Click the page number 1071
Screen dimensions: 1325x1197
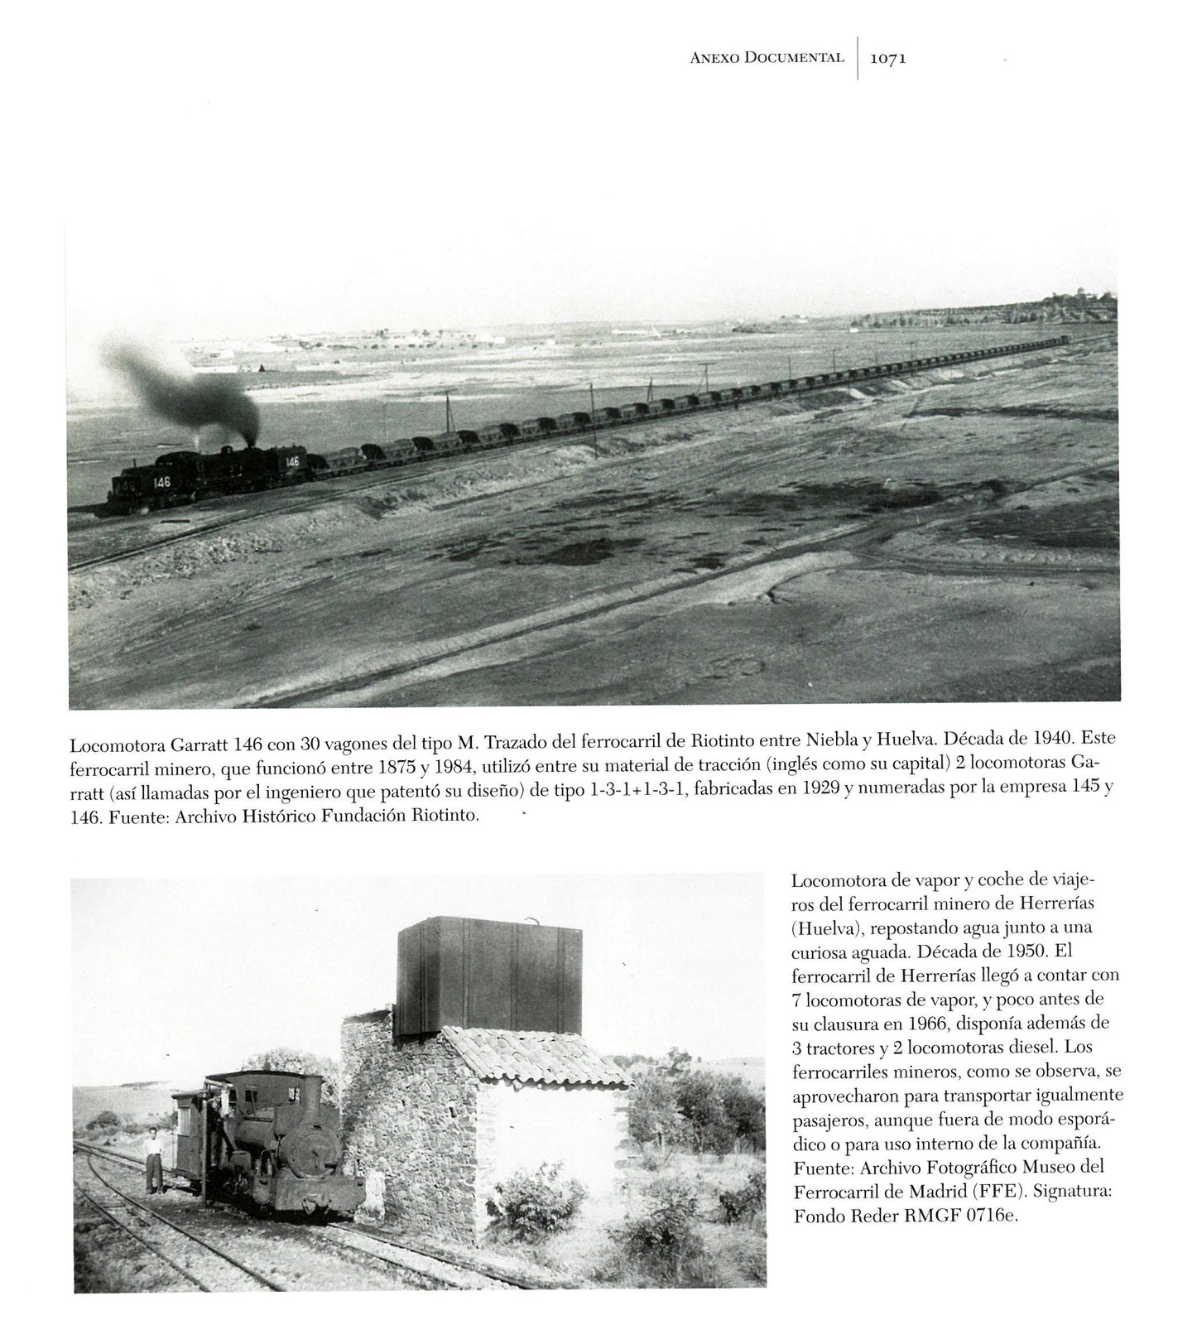888,59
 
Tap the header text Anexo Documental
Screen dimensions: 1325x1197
766,58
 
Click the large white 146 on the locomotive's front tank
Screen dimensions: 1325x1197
161,482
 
